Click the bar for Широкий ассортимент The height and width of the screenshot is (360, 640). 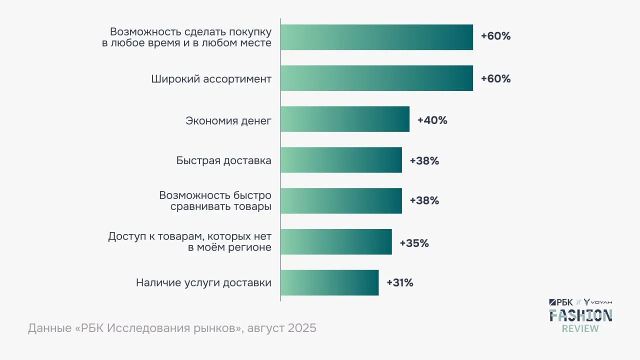(376, 78)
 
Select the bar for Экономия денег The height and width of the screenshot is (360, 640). (345, 119)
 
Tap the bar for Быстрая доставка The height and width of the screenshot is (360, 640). (341, 160)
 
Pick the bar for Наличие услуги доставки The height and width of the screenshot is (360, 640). (329, 282)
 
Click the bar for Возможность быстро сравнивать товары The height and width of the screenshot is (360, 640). (341, 200)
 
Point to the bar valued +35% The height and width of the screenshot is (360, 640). (336, 242)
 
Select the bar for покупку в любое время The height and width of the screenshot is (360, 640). (376, 37)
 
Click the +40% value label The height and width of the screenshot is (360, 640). (432, 120)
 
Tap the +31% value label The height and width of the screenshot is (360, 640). (399, 283)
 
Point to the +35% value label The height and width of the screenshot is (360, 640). (414, 243)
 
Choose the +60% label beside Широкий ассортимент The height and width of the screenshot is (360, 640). (495, 79)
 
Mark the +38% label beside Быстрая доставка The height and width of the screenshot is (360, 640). (424, 161)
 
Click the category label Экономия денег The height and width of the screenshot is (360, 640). (228, 120)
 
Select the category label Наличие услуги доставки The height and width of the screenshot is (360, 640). (203, 283)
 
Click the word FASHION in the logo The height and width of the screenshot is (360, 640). (580, 315)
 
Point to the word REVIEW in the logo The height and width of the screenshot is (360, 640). (580, 328)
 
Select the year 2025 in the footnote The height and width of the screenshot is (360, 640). (301, 328)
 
